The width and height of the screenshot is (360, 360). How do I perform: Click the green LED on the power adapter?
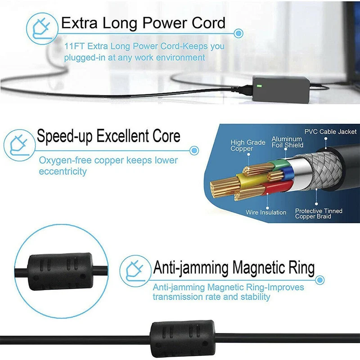259,86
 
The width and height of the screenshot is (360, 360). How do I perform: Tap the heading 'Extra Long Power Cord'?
143,23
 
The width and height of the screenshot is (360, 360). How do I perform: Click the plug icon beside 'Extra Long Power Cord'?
42,29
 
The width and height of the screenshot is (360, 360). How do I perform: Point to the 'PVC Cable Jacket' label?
330,131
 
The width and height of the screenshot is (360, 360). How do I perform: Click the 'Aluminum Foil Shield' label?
287,142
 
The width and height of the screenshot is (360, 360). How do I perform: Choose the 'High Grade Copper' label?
248,145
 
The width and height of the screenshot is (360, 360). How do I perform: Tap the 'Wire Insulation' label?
266,212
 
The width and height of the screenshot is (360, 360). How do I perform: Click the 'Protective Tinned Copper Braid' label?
319,213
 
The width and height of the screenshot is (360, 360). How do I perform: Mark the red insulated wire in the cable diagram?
278,187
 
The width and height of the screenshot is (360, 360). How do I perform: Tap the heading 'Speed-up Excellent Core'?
108,136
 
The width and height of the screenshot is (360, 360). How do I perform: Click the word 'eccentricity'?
63,171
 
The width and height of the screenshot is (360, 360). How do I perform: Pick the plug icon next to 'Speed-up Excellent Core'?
19,145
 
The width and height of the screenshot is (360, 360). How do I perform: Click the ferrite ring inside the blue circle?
61,271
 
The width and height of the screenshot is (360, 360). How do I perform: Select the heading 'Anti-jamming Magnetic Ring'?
234,268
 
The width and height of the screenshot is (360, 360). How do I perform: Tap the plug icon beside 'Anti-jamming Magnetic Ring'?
135,271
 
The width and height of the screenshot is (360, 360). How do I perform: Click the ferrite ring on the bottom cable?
183,339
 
